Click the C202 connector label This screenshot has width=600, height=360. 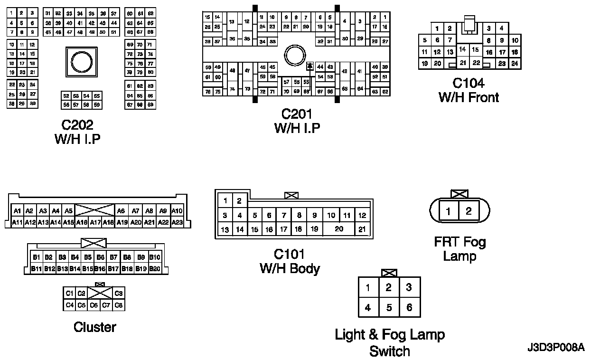77,125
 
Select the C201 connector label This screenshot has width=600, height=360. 297,114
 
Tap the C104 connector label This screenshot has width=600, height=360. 468,84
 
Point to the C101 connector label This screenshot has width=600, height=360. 289,255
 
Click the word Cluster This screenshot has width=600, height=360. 94,327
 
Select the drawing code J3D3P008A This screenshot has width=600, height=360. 555,348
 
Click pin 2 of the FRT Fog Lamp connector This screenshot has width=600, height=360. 469,211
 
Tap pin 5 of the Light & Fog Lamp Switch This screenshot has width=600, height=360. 389,308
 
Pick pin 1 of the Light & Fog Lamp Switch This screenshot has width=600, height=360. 368,287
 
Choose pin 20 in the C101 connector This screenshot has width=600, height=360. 338,229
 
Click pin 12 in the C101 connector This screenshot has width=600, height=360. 362,215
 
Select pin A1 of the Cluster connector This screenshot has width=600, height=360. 17,211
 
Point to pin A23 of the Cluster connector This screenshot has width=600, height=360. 177,222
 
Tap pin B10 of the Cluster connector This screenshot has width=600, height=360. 155,257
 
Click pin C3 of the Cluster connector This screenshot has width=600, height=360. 119,294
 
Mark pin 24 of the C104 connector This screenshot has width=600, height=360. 514,63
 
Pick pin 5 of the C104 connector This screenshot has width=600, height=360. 424,40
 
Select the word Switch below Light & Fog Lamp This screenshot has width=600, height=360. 389,351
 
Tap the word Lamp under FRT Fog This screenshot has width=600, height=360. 459,256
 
